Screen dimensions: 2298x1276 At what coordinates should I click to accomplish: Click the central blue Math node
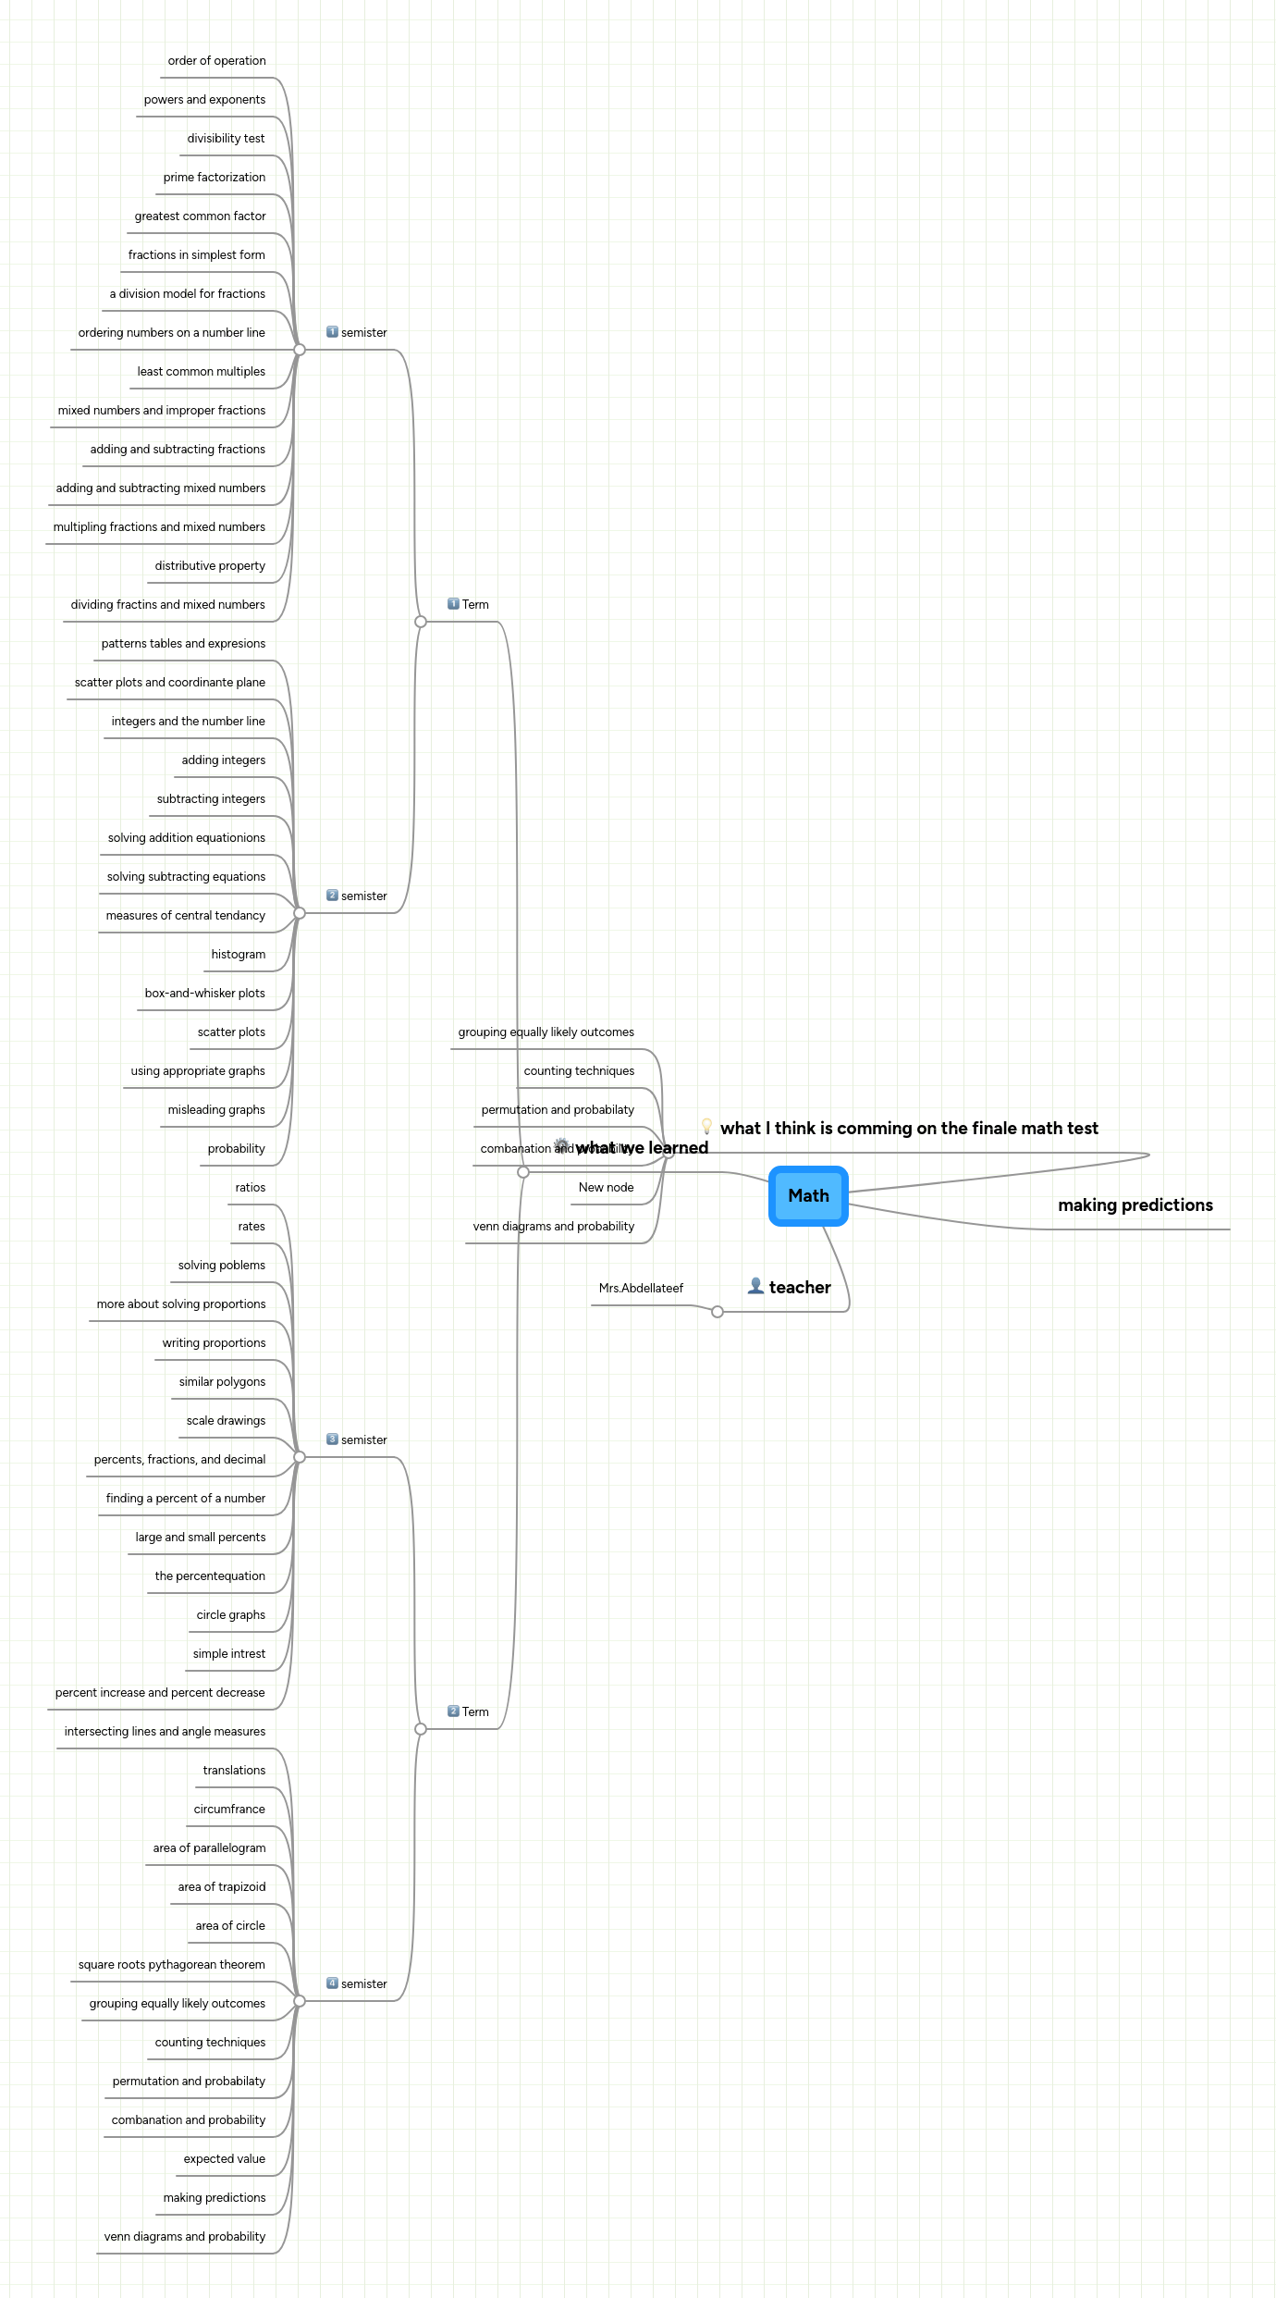(x=808, y=1195)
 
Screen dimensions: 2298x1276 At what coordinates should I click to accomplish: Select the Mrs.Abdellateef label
(x=641, y=1288)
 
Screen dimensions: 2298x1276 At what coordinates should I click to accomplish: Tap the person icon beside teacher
(x=755, y=1286)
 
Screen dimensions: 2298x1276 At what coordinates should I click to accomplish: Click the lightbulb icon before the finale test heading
(x=706, y=1127)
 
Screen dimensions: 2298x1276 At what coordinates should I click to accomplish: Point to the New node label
(x=606, y=1187)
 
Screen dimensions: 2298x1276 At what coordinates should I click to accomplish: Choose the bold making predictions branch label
(x=1135, y=1205)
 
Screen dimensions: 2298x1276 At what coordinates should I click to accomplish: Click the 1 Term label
(x=474, y=604)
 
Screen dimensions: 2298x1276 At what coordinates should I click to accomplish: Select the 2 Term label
(x=474, y=1711)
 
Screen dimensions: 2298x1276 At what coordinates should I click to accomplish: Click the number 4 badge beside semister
(x=332, y=1983)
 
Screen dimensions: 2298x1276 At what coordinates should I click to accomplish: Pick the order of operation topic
(x=216, y=61)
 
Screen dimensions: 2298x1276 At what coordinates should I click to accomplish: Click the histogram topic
(x=238, y=954)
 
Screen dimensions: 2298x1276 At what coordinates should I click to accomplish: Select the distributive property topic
(x=210, y=565)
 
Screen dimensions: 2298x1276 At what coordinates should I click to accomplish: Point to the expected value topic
(x=224, y=2158)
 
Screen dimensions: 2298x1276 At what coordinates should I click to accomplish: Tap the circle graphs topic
(x=230, y=1614)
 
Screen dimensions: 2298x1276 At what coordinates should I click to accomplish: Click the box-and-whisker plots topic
(x=204, y=993)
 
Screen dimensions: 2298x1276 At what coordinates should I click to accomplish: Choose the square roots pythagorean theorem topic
(x=171, y=1964)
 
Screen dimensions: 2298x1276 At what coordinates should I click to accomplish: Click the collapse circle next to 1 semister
(x=300, y=350)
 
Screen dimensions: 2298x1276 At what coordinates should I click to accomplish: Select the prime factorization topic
(x=214, y=178)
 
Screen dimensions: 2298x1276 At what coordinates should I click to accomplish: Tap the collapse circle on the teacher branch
(x=718, y=1312)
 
